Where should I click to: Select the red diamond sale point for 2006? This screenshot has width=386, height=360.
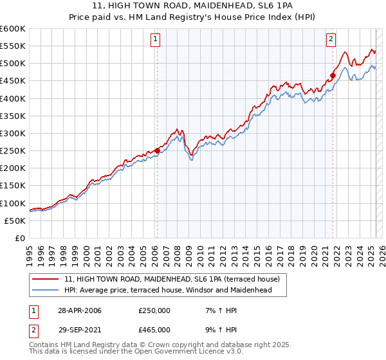coord(158,150)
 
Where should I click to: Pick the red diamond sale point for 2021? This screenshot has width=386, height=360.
coord(333,75)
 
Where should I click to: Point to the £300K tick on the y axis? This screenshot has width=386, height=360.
coord(13,133)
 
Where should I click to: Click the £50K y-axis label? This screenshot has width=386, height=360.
coord(15,221)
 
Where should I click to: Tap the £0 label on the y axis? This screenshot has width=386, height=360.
coord(20,238)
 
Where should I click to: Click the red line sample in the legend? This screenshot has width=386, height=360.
coord(46,280)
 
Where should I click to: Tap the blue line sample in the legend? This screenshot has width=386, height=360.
coord(46,291)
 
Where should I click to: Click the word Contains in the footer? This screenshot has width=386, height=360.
coord(43,346)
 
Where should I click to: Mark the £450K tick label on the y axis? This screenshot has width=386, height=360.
coord(13,81)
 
